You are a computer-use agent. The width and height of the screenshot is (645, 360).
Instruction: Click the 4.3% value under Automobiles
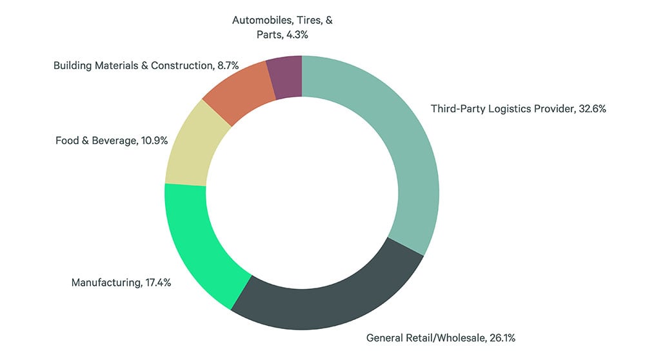(x=295, y=34)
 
